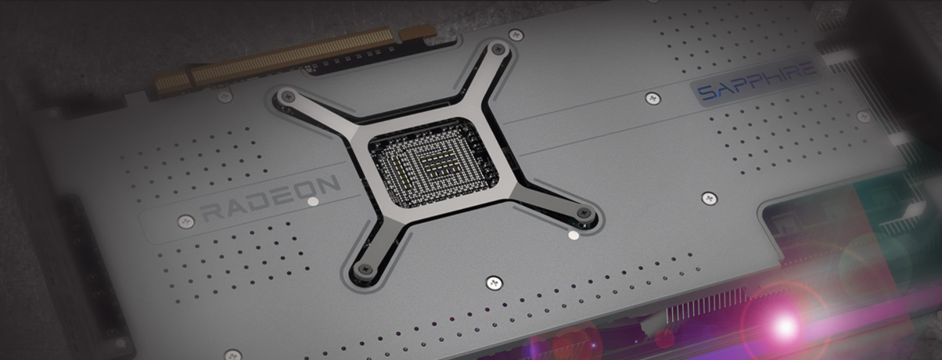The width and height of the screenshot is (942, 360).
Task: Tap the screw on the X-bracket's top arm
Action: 498,49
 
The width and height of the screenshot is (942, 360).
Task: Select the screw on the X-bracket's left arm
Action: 288,97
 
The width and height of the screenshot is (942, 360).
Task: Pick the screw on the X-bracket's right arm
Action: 584,214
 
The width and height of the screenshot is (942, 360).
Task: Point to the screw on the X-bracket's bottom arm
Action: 364,268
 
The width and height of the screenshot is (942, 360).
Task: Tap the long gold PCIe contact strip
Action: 293,55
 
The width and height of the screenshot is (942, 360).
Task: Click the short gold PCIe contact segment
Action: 171,82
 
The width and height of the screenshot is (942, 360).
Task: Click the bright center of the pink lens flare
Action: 784,326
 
